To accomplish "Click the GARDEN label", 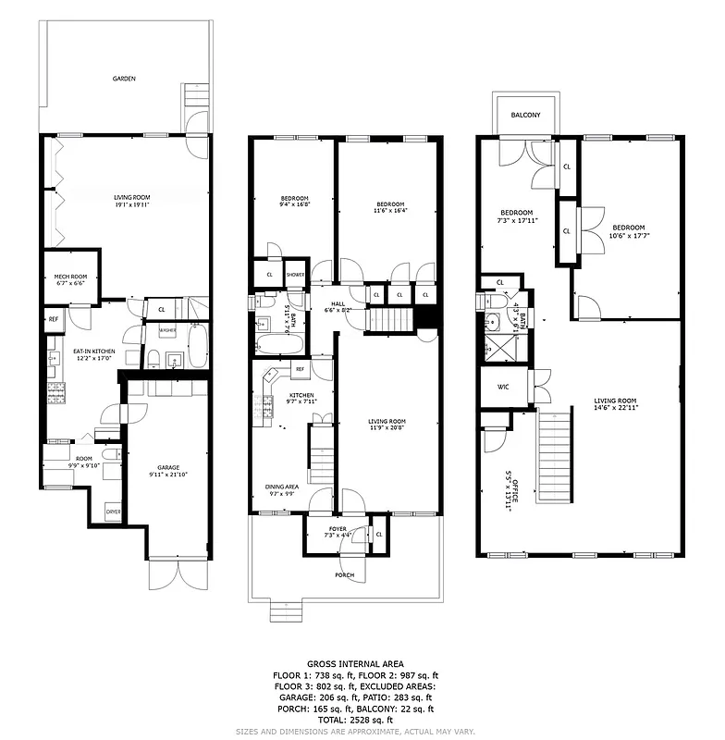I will (124, 80).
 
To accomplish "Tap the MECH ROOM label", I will (69, 277).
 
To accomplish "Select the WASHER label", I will (167, 330).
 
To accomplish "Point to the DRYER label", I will (113, 511).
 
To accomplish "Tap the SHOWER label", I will (295, 275).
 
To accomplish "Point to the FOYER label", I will (338, 528).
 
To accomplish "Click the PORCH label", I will (344, 574).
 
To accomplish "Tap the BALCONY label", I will (525, 115).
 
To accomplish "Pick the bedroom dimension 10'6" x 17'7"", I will (627, 235).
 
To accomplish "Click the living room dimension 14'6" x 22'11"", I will (616, 407).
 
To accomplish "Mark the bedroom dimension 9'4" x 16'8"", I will (295, 205).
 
